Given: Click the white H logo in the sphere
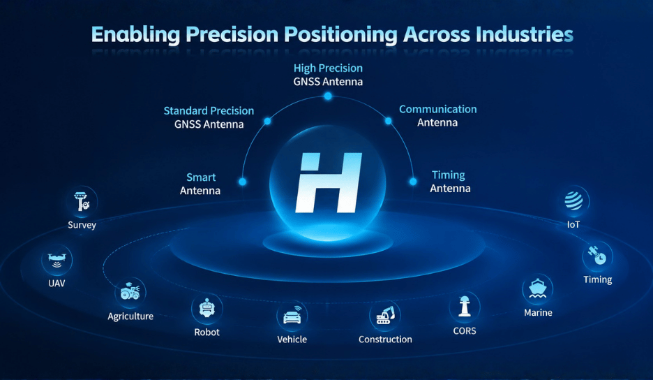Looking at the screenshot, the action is (328, 183).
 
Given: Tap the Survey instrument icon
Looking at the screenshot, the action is (82, 201).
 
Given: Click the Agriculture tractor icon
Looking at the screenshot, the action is (130, 291).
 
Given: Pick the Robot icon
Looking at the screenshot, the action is (207, 308).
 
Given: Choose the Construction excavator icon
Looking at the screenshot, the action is (385, 315).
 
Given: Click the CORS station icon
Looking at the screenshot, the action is (465, 307).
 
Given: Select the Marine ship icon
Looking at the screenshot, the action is (537, 288).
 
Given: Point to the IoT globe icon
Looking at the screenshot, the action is (573, 200).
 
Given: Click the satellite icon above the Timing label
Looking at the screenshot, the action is (597, 255).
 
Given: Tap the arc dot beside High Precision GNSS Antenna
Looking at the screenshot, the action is (328, 96).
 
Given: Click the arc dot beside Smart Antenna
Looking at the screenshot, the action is (242, 182).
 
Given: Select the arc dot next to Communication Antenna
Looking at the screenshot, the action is (388, 121).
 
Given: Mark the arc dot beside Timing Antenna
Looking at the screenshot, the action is (413, 182).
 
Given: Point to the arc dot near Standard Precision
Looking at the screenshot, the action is (267, 122).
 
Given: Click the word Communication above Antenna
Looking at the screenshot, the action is (437, 109).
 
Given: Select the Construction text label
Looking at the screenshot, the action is (385, 339).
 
